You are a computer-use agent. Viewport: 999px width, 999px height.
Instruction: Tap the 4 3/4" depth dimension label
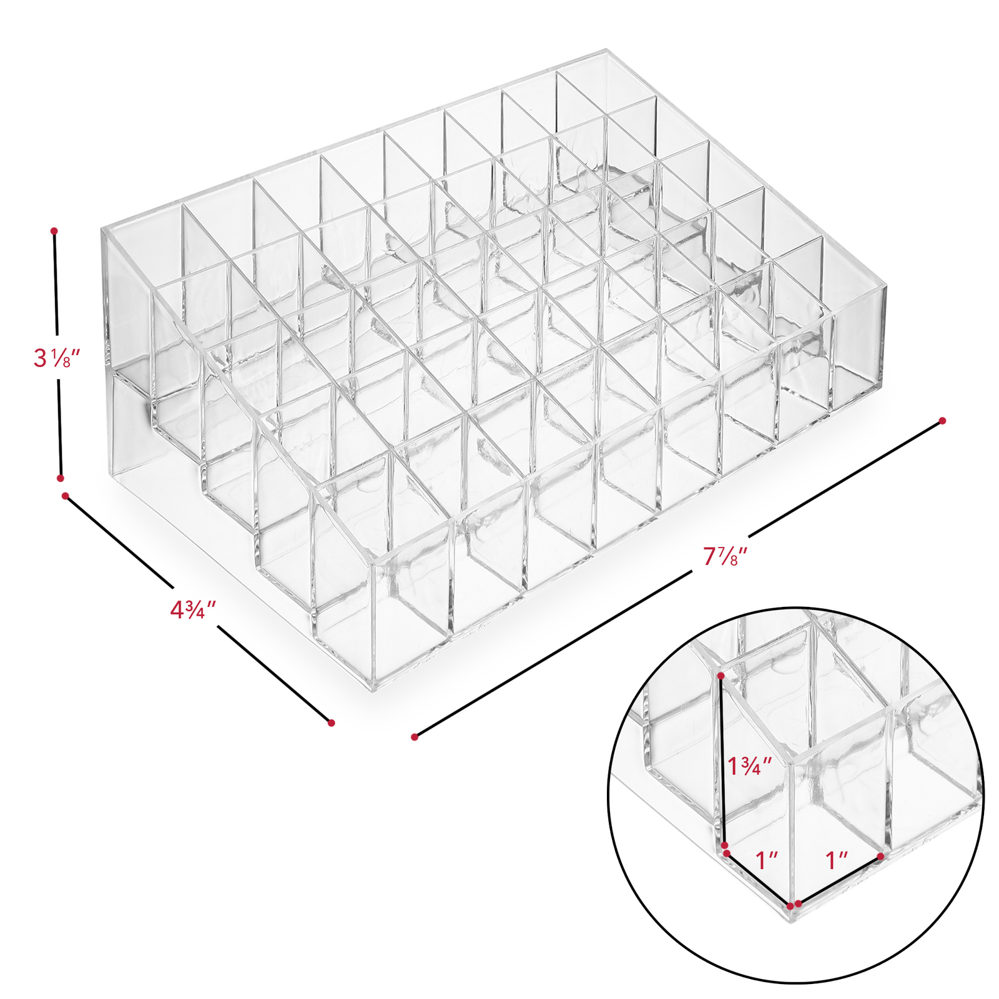[193, 609]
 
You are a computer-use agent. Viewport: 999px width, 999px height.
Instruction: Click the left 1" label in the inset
[767, 860]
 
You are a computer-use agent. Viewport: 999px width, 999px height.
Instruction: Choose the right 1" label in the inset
[837, 861]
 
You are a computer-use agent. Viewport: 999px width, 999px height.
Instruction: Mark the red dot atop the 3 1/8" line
[54, 231]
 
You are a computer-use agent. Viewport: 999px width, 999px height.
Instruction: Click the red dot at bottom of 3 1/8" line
[61, 478]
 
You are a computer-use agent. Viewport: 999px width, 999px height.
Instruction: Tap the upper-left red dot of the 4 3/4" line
[65, 496]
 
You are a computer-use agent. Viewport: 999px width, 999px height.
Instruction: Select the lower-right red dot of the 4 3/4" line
[332, 723]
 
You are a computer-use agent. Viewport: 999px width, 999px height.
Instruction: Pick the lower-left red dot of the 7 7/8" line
[415, 737]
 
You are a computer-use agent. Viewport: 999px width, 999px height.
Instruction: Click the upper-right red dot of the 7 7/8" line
[942, 421]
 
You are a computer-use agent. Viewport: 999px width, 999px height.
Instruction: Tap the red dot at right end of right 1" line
[880, 856]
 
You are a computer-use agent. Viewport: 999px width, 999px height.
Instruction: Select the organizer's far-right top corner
[885, 287]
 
